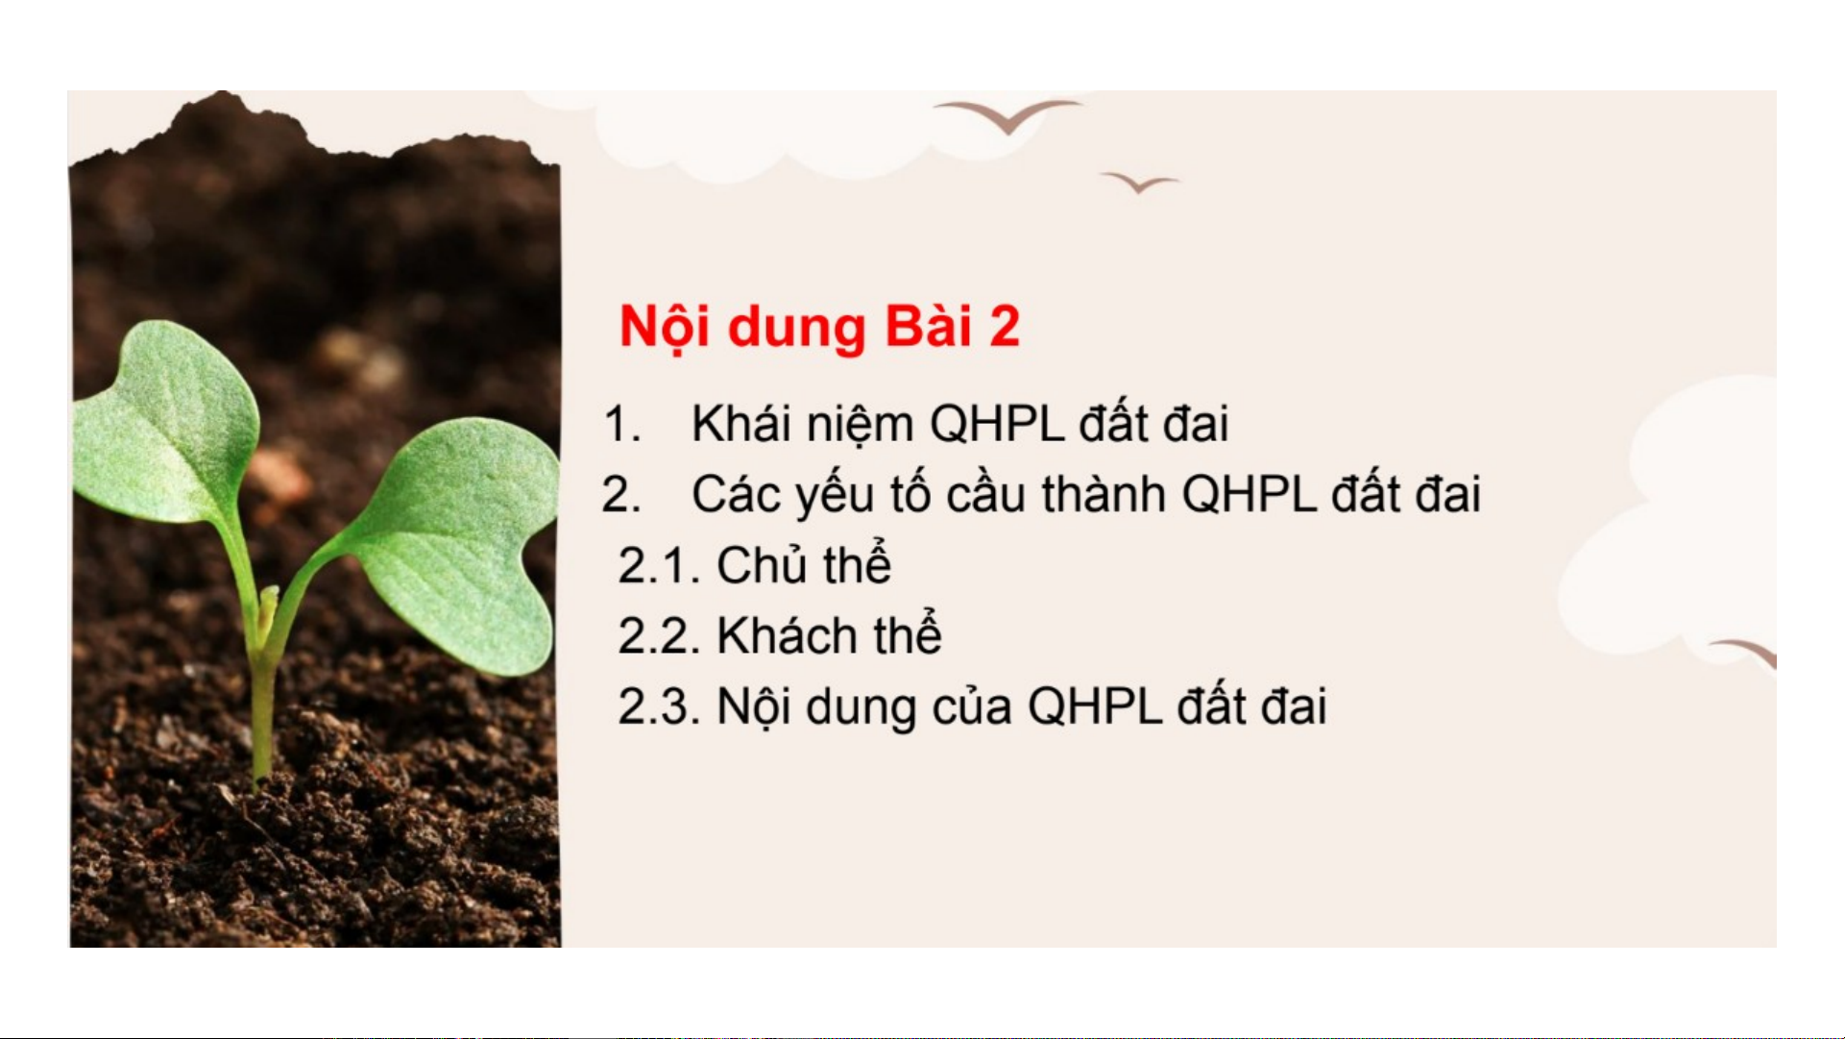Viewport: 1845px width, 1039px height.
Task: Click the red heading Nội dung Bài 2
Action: click(819, 327)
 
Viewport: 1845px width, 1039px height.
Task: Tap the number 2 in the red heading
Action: click(1004, 326)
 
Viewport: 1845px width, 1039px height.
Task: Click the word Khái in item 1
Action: click(741, 423)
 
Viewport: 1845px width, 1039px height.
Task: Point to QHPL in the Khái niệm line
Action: click(997, 424)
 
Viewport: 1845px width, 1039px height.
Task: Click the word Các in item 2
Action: click(736, 494)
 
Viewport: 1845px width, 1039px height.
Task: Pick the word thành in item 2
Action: click(1104, 493)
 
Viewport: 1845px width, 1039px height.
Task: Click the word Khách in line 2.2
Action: click(787, 635)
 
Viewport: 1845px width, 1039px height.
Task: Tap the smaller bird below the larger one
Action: click(1140, 182)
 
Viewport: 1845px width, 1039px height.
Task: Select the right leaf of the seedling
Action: click(456, 538)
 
